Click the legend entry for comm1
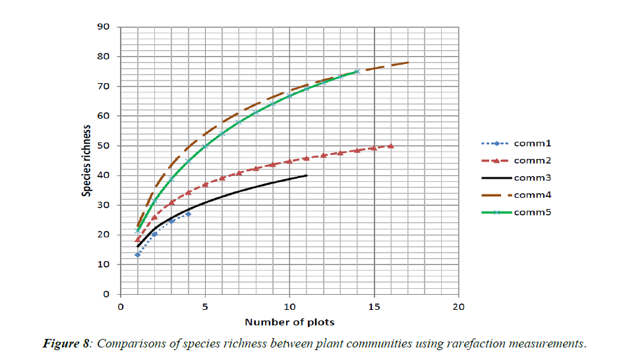(531, 143)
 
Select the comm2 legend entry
(531, 160)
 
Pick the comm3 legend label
(531, 177)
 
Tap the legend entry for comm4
(531, 195)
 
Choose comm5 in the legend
(531, 212)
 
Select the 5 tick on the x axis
(205, 307)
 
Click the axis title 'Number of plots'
(289, 322)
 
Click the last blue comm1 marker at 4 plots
(188, 214)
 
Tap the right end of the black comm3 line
(307, 175)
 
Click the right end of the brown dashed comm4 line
(408, 63)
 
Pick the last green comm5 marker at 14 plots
(357, 71)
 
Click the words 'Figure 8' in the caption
(66, 343)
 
